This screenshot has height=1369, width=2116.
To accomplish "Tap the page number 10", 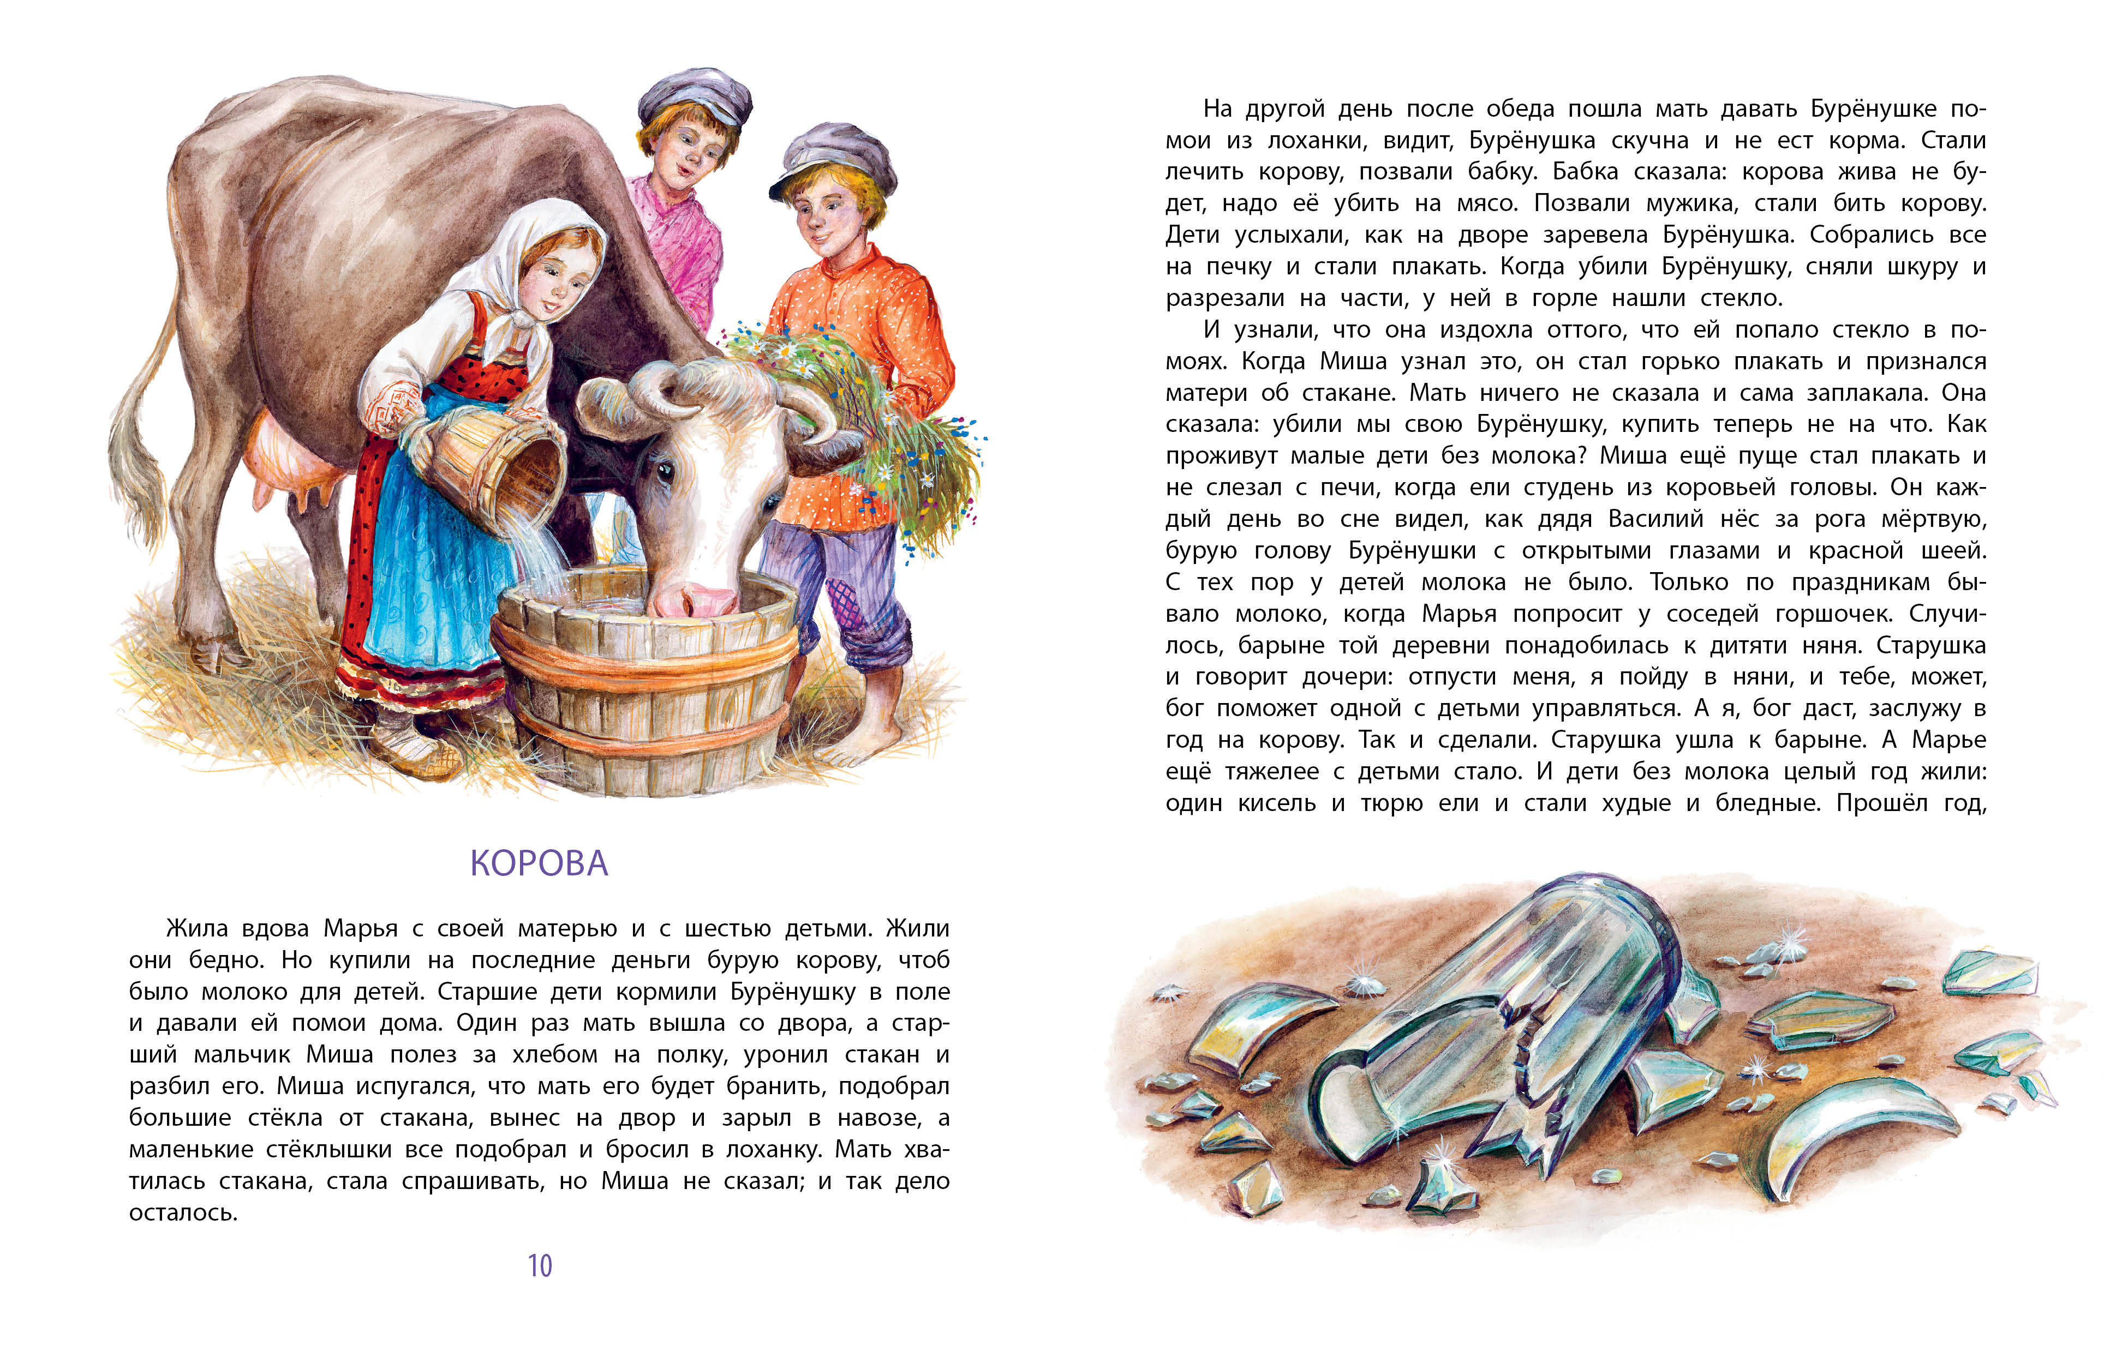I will (x=540, y=1265).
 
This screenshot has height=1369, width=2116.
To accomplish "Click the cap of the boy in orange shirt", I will (x=832, y=155).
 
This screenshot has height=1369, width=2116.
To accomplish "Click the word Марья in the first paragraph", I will (x=360, y=928).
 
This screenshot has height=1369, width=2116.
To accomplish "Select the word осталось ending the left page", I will (x=183, y=1212).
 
